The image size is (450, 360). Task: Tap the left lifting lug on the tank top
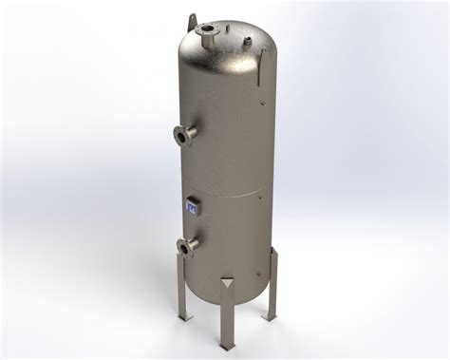[192, 21]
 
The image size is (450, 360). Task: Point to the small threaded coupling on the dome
[246, 41]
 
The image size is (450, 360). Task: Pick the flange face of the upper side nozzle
[178, 140]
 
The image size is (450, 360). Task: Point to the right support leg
[272, 285]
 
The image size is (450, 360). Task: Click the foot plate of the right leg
[272, 316]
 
